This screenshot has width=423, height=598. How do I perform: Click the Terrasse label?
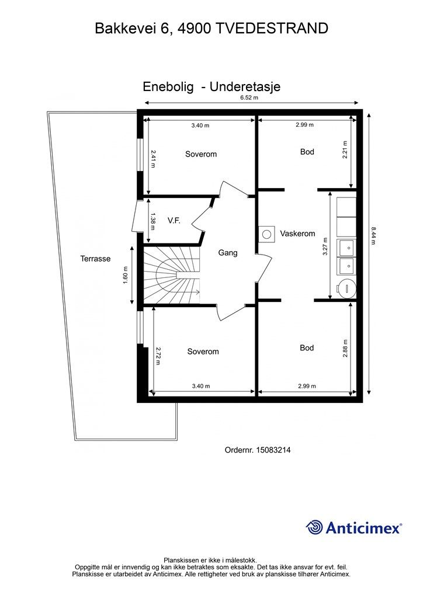[95, 259]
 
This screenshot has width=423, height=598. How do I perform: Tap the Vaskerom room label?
[297, 234]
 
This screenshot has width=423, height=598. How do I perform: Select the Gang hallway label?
[228, 252]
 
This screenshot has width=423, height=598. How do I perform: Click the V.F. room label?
[174, 220]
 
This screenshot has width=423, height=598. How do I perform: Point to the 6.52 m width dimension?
[249, 98]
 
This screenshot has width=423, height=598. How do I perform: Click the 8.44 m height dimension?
[373, 236]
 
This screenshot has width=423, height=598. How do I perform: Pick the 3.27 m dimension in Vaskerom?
[325, 246]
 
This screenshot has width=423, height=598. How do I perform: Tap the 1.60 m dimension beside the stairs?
[125, 276]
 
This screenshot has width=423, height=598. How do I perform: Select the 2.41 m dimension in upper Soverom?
[153, 159]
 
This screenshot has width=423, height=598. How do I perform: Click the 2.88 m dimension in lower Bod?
[345, 348]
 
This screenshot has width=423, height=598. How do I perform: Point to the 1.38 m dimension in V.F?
[152, 221]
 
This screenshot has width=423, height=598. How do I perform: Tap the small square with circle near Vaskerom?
[266, 234]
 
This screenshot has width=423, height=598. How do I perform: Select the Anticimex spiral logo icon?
[314, 528]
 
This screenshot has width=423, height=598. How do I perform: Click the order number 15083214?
[273, 450]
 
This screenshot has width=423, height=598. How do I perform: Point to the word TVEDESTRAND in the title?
[272, 29]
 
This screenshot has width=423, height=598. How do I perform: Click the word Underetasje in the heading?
[245, 86]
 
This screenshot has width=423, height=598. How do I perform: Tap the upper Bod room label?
[307, 152]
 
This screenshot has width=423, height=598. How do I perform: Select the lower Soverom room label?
[203, 352]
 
